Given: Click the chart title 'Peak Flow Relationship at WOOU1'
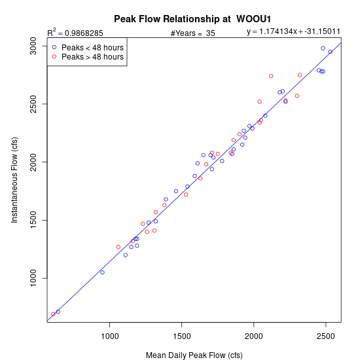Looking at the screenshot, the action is (x=192, y=19).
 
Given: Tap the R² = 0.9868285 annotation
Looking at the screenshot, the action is (x=75, y=32).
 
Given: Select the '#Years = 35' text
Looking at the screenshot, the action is (x=193, y=33).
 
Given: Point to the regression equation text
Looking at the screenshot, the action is (x=293, y=31).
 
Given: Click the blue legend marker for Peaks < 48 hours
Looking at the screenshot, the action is (x=54, y=47).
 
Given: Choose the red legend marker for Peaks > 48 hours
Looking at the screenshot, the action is (x=54, y=56).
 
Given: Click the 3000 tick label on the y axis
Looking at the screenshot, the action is (x=33, y=46).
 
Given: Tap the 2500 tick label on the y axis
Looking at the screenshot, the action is (x=33, y=104).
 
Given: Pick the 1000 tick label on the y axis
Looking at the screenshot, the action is (x=33, y=278).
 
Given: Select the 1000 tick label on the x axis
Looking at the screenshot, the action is (x=110, y=336).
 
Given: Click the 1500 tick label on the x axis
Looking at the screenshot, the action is (x=182, y=336).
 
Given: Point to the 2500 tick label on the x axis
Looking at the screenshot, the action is (x=325, y=336).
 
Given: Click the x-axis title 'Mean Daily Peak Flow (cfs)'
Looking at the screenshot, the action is (x=194, y=355).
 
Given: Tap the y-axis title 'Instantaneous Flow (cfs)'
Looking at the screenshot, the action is (x=14, y=180).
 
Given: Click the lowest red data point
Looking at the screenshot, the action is (x=53, y=314).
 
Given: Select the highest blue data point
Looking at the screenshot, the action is (x=323, y=48).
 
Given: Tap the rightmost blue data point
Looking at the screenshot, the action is (x=330, y=52).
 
